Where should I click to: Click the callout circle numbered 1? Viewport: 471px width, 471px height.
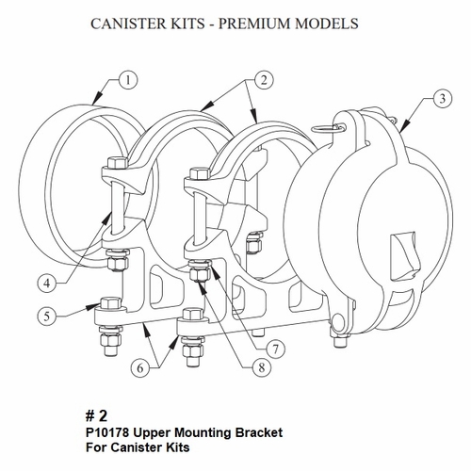[x=128, y=81]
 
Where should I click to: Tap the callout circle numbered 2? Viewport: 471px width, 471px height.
[x=264, y=81]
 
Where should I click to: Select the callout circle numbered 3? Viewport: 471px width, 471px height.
[x=442, y=99]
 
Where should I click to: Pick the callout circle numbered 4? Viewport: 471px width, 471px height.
[x=47, y=284]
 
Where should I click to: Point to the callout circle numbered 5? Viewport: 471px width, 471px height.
[x=47, y=316]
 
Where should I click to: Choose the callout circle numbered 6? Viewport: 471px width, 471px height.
[x=140, y=367]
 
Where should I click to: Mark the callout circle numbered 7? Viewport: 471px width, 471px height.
[x=275, y=349]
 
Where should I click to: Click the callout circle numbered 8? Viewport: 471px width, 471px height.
[x=262, y=367]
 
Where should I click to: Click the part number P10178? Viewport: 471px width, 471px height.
[x=107, y=432]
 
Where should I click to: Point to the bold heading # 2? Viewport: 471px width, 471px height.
[x=96, y=416]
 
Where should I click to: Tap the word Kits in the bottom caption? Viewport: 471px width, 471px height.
[x=178, y=447]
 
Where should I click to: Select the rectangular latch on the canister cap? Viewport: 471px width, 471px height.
[x=405, y=255]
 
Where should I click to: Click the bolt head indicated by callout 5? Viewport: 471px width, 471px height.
[x=111, y=302]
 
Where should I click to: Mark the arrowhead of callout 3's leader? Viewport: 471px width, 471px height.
[x=404, y=128]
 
